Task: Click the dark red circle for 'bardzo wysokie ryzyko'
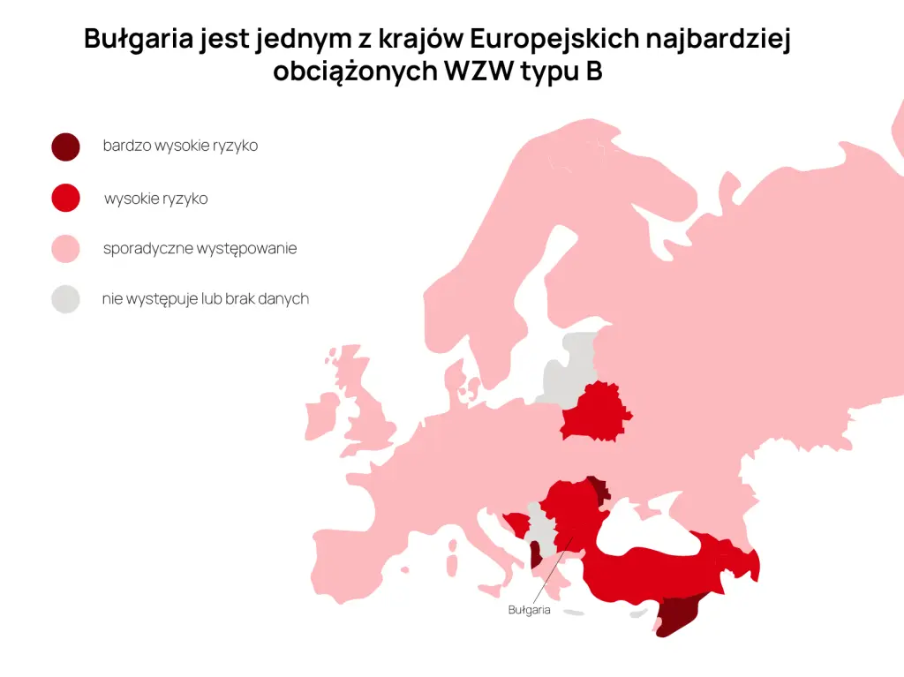(x=65, y=147)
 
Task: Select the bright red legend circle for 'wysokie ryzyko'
(x=65, y=199)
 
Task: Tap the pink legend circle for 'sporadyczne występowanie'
(x=65, y=249)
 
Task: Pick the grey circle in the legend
(x=65, y=299)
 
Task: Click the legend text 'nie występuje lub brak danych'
(x=205, y=299)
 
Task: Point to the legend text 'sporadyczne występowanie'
(x=200, y=249)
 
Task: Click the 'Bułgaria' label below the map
(x=530, y=610)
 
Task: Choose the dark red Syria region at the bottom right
(x=675, y=614)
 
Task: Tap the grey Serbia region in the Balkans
(x=539, y=530)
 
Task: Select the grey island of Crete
(x=575, y=613)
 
